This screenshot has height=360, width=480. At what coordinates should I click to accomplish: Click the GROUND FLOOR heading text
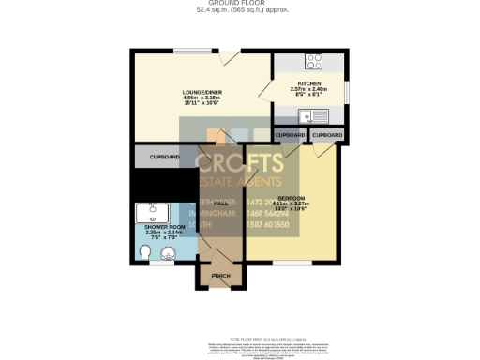tap(240, 4)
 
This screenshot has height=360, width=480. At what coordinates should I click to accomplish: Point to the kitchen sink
tap(308, 116)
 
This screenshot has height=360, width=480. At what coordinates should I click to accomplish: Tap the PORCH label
tap(221, 275)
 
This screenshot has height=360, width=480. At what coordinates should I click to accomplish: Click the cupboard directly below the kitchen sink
tap(326, 135)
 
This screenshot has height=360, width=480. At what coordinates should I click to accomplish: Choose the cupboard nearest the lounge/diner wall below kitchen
tap(290, 135)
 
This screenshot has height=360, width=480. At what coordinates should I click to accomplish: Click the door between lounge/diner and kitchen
tap(272, 112)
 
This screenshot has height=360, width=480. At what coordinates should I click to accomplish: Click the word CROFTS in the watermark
tap(240, 161)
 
